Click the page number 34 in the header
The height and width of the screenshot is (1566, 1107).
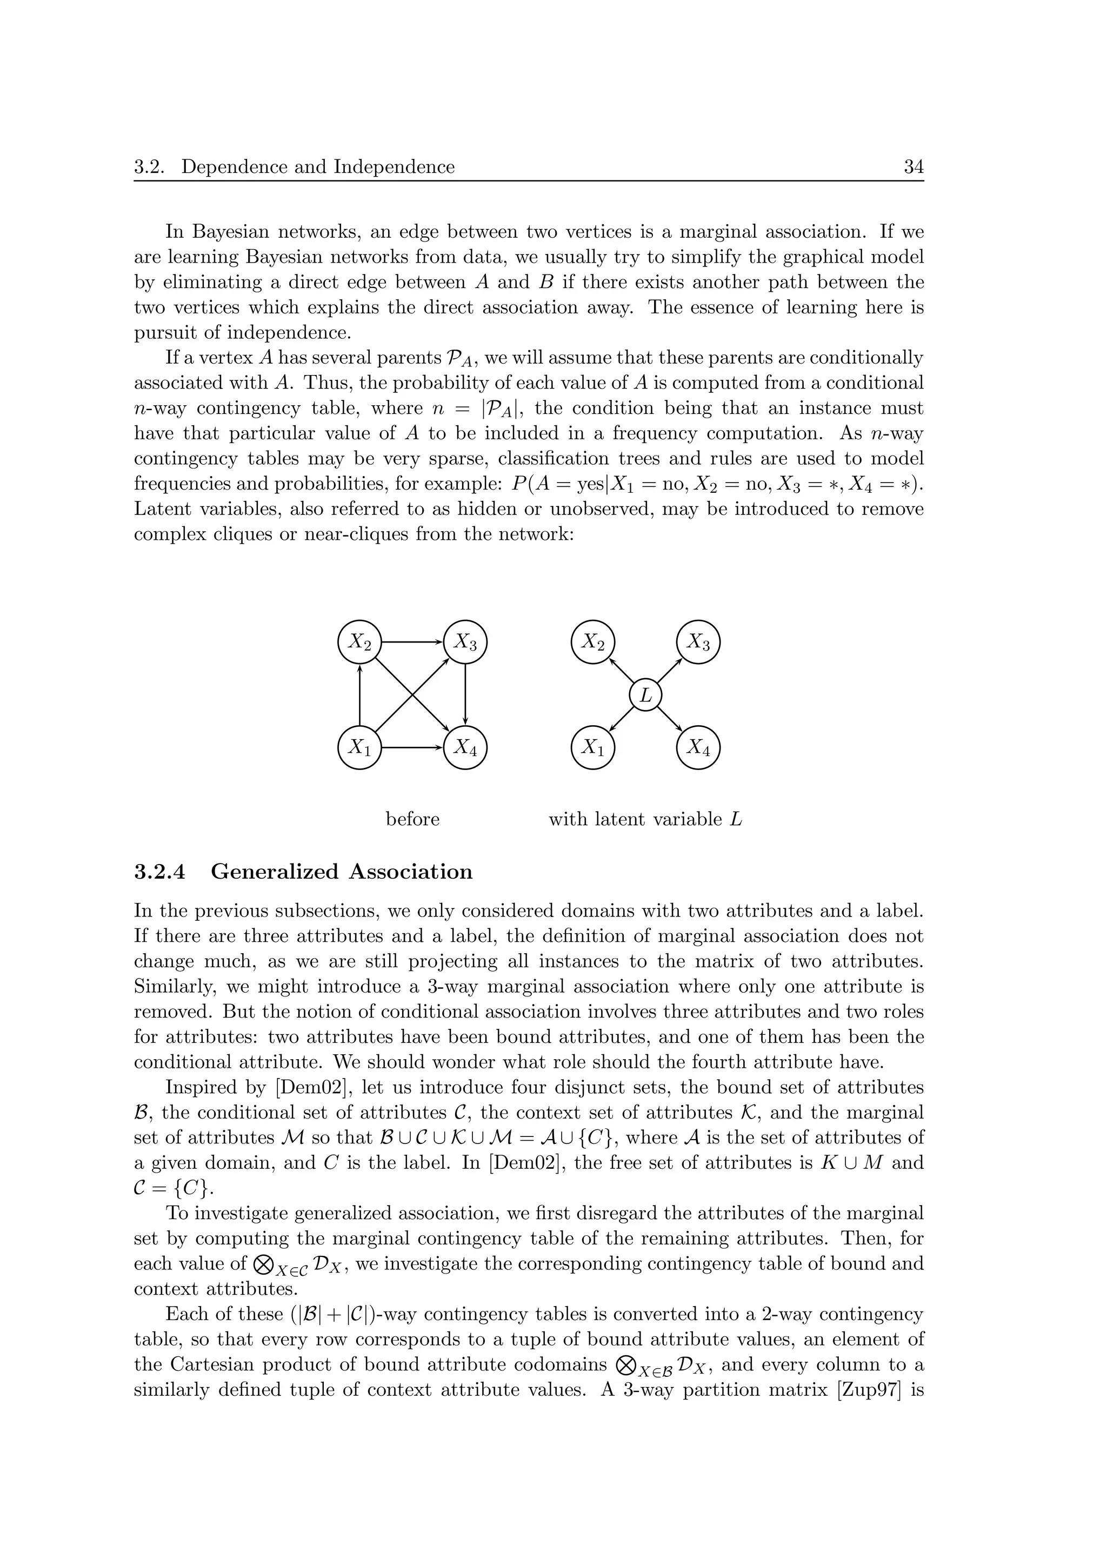[x=913, y=167]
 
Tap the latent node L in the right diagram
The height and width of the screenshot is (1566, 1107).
[x=645, y=695]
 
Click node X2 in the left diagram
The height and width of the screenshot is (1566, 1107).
[x=359, y=642]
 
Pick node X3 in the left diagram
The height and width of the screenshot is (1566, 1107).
[x=465, y=642]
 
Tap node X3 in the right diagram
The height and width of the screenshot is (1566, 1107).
[x=698, y=642]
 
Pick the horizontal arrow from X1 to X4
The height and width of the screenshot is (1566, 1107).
[x=412, y=747]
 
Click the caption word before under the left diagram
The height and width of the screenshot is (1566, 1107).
[x=412, y=819]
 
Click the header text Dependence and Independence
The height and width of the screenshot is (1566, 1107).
[x=318, y=167]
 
